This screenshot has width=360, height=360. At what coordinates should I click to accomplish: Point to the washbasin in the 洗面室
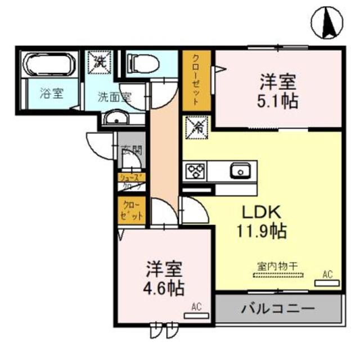coord(116,119)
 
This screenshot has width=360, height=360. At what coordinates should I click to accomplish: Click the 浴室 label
coord(51,94)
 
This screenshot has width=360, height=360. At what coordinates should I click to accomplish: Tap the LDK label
coord(262,213)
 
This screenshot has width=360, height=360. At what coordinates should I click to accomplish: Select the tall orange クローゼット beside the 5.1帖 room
coord(196,80)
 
